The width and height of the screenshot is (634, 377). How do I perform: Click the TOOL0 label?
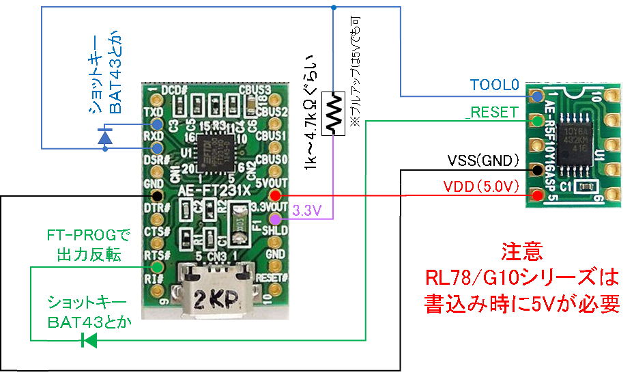(494, 85)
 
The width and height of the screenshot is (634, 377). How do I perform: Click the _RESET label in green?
(491, 112)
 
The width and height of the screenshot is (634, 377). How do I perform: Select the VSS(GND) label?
(483, 161)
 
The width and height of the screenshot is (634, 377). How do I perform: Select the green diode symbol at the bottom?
(88, 339)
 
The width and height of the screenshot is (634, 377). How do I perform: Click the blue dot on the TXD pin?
(157, 125)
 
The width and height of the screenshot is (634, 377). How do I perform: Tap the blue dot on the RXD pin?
(157, 148)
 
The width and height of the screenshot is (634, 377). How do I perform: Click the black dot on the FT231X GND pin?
(157, 196)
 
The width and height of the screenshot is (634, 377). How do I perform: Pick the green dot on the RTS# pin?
(157, 267)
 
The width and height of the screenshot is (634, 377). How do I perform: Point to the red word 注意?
(523, 252)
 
